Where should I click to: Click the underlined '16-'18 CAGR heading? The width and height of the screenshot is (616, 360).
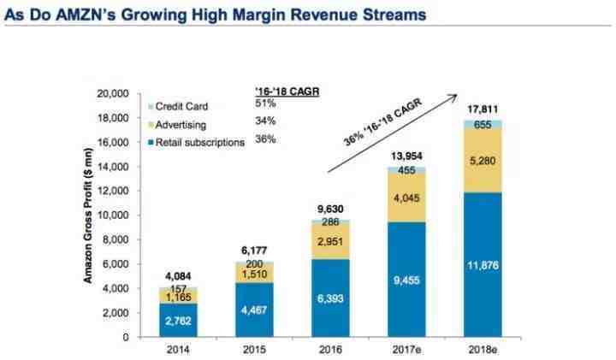click(288, 88)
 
